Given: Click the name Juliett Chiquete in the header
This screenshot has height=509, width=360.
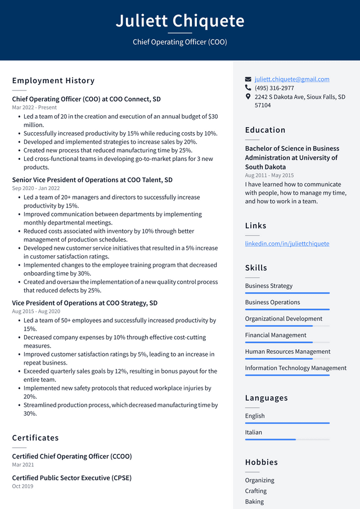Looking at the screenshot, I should click(x=180, y=21).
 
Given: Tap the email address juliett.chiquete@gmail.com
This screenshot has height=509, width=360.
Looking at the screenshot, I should click(x=291, y=79).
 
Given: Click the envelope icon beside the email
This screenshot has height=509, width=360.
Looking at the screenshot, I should click(x=248, y=79).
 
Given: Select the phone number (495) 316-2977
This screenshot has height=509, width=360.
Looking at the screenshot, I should click(x=274, y=88).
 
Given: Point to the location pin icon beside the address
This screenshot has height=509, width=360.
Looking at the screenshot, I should click(x=248, y=97).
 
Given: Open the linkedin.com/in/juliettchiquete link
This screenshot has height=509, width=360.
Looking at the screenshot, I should click(x=287, y=244).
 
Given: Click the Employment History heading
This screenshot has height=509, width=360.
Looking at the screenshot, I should click(x=53, y=81).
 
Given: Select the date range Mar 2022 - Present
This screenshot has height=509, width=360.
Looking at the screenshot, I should click(x=34, y=107).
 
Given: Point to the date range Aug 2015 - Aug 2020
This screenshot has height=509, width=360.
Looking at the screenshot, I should click(x=36, y=312).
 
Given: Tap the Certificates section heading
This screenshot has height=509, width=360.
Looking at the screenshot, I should click(x=35, y=438).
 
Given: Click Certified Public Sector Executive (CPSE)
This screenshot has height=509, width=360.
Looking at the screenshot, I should click(x=71, y=478).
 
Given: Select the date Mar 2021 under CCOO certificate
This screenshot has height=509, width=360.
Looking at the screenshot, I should click(x=23, y=465).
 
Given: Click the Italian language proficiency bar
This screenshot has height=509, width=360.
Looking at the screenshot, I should click(x=287, y=439).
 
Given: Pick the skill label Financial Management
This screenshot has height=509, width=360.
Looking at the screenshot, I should click(x=276, y=335).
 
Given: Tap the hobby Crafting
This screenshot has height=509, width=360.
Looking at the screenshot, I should click(x=256, y=491).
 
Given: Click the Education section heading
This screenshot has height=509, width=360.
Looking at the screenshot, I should click(x=265, y=130).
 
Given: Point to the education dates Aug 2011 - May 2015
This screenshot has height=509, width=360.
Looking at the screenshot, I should click(x=269, y=175).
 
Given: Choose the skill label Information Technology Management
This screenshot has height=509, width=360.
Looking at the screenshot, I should click(x=295, y=368).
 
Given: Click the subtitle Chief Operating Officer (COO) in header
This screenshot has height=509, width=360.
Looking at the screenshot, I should click(x=180, y=42).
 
